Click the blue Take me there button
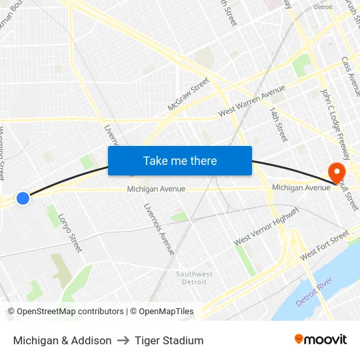pyautogui.click(x=180, y=160)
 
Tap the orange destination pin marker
pyautogui.click(x=338, y=172)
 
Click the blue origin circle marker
pyautogui.click(x=23, y=198)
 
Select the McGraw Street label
pyautogui.click(x=188, y=94)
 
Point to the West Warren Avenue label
pyautogui.click(x=251, y=101)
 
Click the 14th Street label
pyautogui.click(x=278, y=124)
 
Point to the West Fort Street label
pyautogui.click(x=325, y=247)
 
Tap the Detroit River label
pyautogui.click(x=314, y=291)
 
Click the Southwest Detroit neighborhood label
pyautogui.click(x=194, y=278)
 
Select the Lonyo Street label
pyautogui.click(x=70, y=233)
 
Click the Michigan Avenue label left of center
pyautogui.click(x=156, y=189)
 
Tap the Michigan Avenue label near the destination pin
pyautogui.click(x=301, y=188)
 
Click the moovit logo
pyautogui.click(x=320, y=339)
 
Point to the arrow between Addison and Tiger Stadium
pyautogui.click(x=123, y=340)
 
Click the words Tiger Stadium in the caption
pyautogui.click(x=169, y=340)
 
